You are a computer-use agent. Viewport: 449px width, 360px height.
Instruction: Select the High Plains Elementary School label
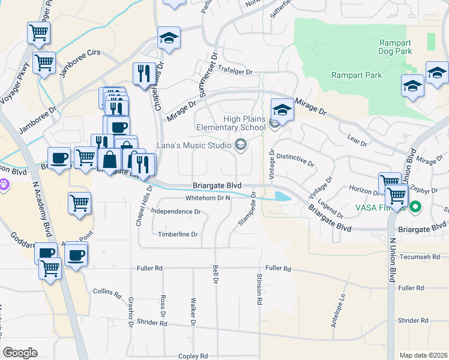(244, 123)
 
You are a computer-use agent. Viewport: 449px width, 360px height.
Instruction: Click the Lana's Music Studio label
(194, 145)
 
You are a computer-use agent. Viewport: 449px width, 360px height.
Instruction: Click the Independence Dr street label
(175, 211)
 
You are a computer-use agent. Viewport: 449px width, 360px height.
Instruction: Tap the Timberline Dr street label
(177, 234)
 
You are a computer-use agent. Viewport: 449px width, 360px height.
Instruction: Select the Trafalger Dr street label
(235, 71)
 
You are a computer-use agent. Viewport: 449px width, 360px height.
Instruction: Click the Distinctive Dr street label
(295, 159)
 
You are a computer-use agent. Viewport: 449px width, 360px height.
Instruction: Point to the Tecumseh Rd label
(423, 256)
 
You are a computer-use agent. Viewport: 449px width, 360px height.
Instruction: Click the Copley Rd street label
(193, 356)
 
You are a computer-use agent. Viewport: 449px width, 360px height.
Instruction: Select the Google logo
(20, 353)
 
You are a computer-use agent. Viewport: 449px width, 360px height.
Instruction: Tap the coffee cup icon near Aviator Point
(76, 254)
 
